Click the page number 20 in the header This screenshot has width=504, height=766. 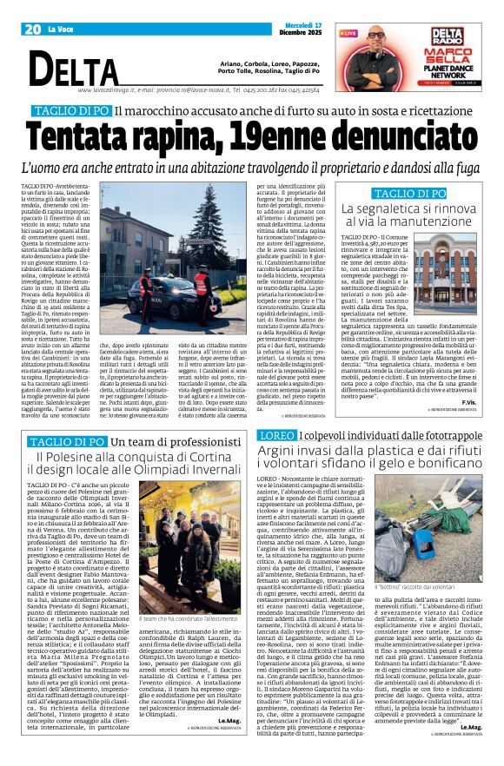coord(33,29)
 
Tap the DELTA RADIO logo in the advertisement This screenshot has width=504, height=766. coord(448,36)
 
